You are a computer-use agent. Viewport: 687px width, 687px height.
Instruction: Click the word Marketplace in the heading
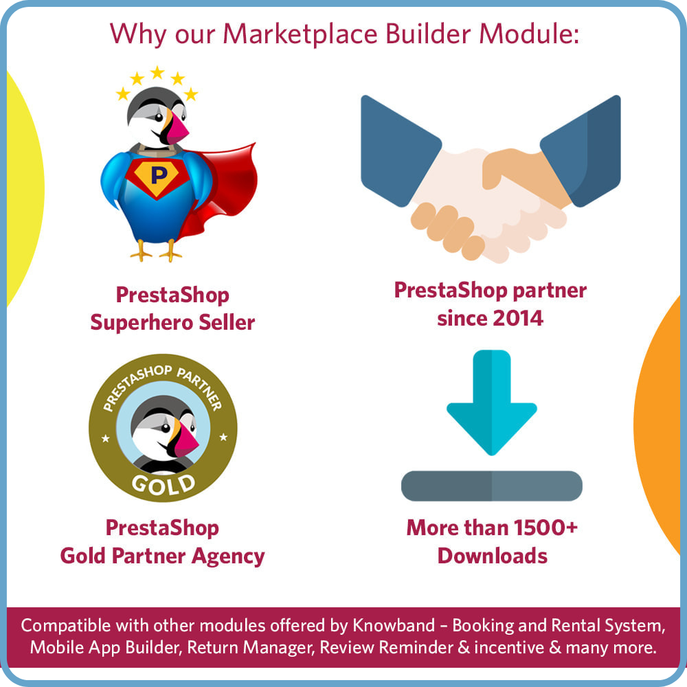(x=300, y=34)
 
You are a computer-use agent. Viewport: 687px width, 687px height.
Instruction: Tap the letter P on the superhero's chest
(x=159, y=174)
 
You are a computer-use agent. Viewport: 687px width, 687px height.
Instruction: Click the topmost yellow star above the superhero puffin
(x=157, y=72)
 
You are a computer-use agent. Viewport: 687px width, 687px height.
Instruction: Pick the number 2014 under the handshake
(x=517, y=318)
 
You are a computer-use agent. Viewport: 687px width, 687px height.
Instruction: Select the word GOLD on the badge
(x=164, y=484)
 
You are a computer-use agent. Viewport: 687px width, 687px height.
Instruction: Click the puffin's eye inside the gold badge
(x=165, y=428)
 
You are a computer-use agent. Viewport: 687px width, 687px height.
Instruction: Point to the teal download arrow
(x=492, y=402)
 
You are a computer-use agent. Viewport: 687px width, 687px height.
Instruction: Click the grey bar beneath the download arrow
(x=492, y=486)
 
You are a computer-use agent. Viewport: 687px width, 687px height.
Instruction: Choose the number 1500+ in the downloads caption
(x=545, y=528)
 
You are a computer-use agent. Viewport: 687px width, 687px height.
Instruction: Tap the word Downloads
(x=493, y=556)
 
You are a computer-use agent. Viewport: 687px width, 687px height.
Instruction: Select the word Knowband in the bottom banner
(x=394, y=626)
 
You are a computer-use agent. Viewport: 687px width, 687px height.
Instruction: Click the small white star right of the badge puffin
(x=223, y=437)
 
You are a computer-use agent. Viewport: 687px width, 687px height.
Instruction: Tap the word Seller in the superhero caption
(x=227, y=322)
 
